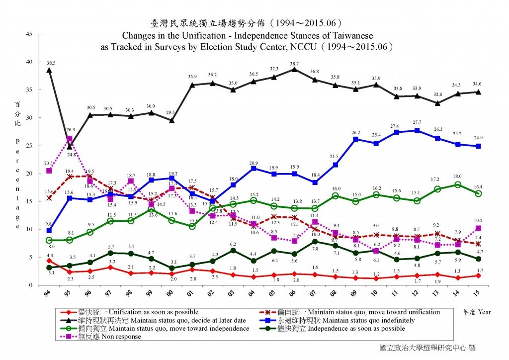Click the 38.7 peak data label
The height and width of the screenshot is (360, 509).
[294, 64]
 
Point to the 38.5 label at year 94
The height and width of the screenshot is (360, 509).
[51, 64]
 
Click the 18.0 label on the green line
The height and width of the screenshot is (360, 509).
[457, 176]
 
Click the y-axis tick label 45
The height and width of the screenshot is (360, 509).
[29, 34]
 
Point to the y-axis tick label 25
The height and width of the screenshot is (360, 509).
[29, 146]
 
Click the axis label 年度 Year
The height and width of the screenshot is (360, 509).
[477, 312]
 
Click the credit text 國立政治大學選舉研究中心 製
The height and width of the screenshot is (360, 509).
[427, 348]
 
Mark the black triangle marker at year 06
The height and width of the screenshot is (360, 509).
[294, 70]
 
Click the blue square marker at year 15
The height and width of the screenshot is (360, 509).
[478, 146]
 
